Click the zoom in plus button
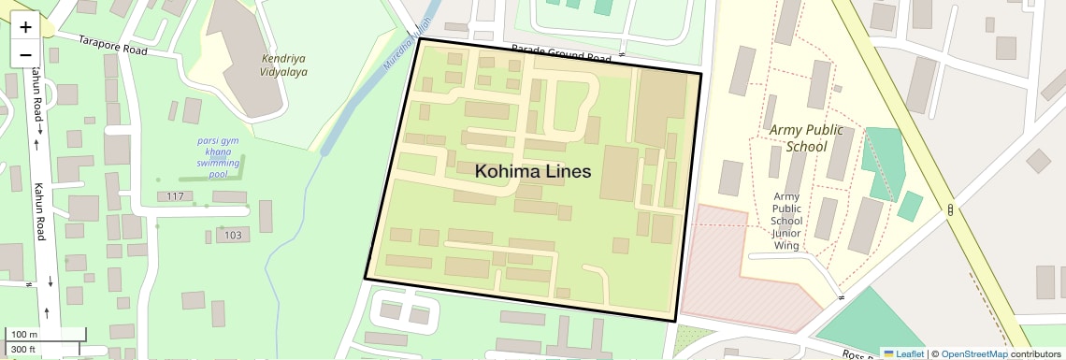coord(25,26)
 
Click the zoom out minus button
coord(25,54)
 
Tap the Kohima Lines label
coord(533,172)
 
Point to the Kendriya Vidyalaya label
coord(283,65)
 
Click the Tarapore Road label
coord(115,45)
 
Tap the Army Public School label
coord(794,137)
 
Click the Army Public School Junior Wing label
coord(785,221)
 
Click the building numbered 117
coord(174,196)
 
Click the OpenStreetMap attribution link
coord(973,353)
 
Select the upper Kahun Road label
coord(37,94)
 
